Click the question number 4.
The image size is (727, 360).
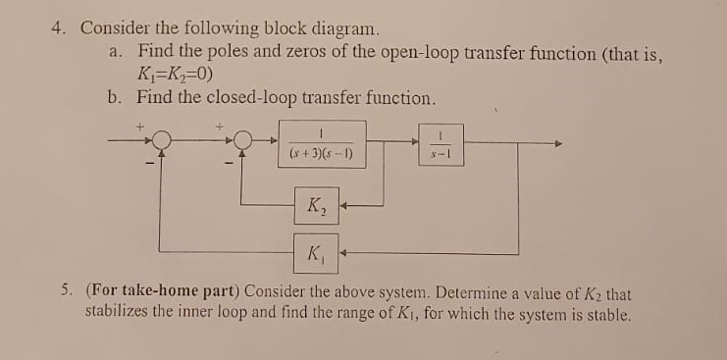[58, 28]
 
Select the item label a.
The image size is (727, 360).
[116, 52]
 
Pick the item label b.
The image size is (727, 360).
[116, 98]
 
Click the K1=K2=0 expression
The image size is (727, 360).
[177, 75]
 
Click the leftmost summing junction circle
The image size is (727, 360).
[162, 144]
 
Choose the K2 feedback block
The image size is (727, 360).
[318, 207]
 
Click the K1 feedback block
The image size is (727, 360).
[316, 258]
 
